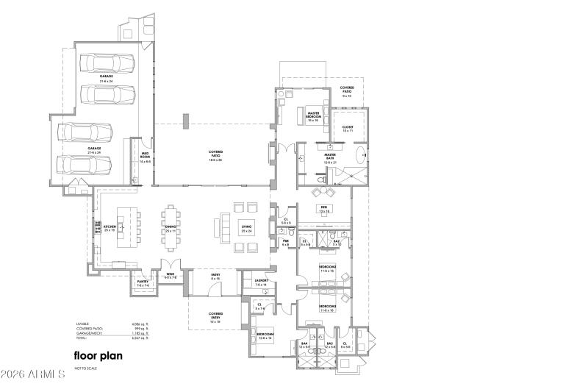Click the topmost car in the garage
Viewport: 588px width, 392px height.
click(x=107, y=63)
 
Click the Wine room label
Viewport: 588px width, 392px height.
click(x=170, y=274)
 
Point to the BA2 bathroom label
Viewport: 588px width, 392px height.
click(x=336, y=241)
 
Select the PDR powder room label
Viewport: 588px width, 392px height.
click(x=286, y=242)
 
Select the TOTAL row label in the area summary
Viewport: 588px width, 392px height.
click(x=82, y=338)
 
